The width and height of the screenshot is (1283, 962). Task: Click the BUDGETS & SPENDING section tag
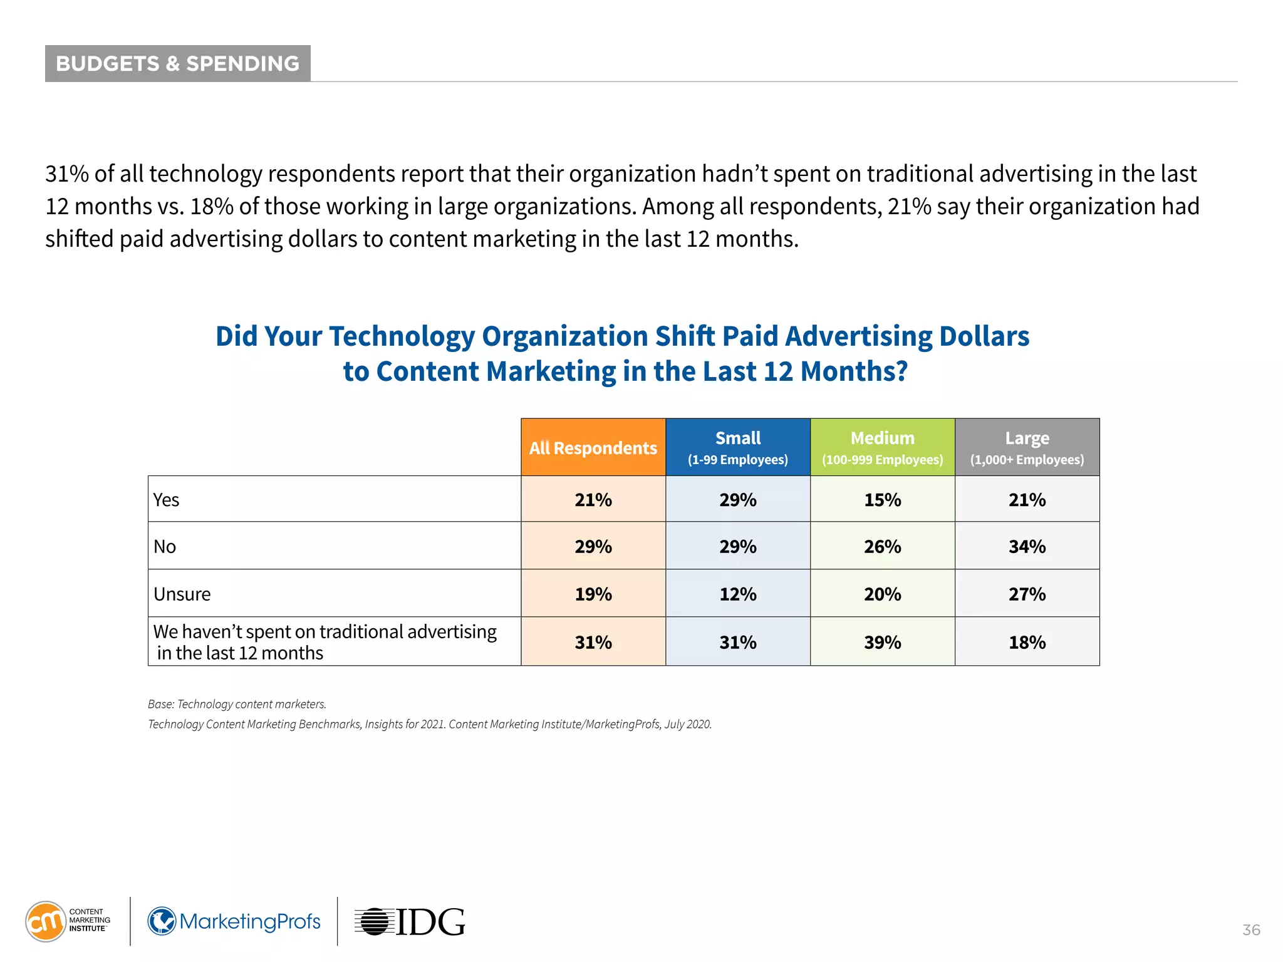coord(177,63)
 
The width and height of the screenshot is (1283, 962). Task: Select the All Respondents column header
coord(593,447)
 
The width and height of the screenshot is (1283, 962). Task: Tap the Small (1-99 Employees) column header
coord(737,447)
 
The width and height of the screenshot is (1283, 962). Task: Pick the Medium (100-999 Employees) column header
coord(882,447)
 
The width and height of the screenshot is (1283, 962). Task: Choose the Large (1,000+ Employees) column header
coord(1027,447)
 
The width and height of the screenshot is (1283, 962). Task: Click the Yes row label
coord(167,500)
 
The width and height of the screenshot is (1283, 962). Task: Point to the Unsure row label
coord(182,594)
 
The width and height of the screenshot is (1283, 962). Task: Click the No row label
coord(165,547)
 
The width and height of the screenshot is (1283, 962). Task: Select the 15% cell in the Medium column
coord(882,500)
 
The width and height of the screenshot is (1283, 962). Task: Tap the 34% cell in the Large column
coord(1027,547)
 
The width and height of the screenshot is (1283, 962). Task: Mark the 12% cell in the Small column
coord(737,594)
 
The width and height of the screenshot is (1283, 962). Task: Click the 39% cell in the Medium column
coord(882,642)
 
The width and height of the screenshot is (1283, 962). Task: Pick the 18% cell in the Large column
coord(1027,642)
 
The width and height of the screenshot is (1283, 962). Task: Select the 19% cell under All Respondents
coord(593,594)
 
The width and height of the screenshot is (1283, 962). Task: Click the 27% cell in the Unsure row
coord(1027,594)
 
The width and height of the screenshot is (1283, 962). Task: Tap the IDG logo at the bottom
coord(410,922)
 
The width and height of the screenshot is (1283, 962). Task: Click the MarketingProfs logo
coord(234,921)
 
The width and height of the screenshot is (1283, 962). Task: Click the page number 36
coord(1251,930)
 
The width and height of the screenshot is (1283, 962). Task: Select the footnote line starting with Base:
coord(237,704)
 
